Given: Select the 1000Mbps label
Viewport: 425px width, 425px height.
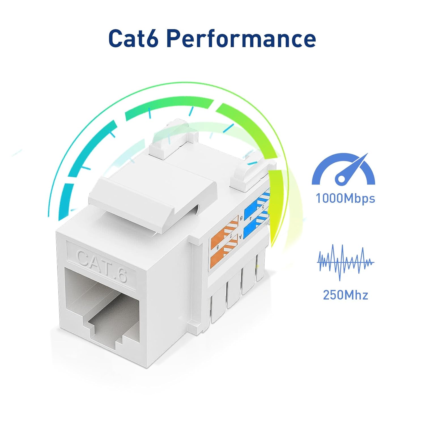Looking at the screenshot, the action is coord(345,198).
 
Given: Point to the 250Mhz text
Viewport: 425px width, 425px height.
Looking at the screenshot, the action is coord(345,295).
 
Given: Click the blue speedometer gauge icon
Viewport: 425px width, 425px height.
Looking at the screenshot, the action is coord(343,169).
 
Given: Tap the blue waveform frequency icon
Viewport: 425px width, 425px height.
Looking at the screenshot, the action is coord(345,262).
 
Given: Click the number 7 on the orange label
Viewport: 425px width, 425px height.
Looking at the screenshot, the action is coord(231,235).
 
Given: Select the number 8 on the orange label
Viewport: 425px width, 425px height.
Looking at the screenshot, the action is coord(218,247).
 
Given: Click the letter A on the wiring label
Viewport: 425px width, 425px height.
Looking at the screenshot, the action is coord(241,236).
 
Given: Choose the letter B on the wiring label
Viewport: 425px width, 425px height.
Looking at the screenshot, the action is coord(241,218).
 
